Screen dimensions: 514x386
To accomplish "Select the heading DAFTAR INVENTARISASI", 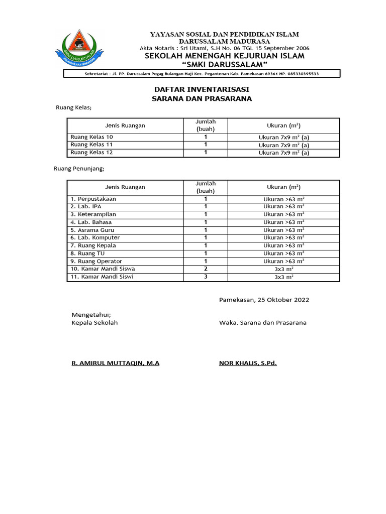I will pyautogui.click(x=202, y=89).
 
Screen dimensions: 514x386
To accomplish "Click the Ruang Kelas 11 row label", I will pyautogui.click(x=92, y=145).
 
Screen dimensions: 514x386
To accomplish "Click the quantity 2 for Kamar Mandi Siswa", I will pyautogui.click(x=206, y=269).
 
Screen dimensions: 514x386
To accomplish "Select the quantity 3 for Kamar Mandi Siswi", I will pyautogui.click(x=206, y=277).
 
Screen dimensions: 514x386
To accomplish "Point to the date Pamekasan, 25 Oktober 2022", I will pyautogui.click(x=264, y=300).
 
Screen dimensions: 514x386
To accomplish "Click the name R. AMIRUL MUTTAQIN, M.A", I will pyautogui.click(x=116, y=362).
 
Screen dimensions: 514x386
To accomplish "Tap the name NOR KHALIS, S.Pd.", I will pyautogui.click(x=248, y=362).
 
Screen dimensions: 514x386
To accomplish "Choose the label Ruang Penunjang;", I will pyautogui.click(x=79, y=169).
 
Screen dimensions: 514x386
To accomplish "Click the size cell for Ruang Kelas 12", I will pyautogui.click(x=283, y=153).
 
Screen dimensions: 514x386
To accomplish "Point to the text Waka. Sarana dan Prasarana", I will pyautogui.click(x=262, y=323).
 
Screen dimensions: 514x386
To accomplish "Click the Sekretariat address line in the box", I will pyautogui.click(x=201, y=74).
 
